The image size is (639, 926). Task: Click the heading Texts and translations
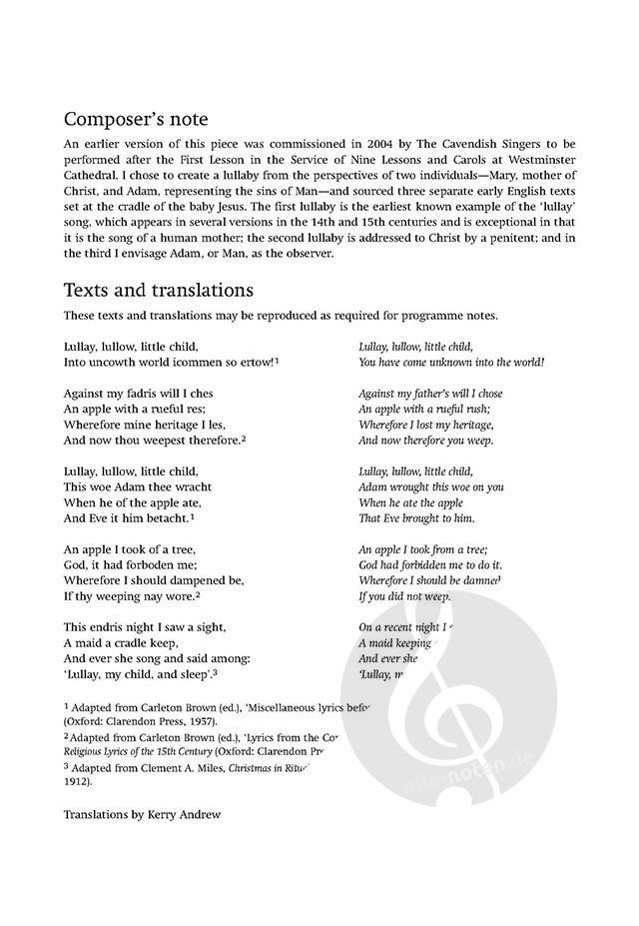[x=157, y=291]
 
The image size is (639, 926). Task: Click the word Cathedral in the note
[x=93, y=178]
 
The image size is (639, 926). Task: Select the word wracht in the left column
[x=183, y=487]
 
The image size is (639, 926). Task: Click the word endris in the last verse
[x=111, y=628]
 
